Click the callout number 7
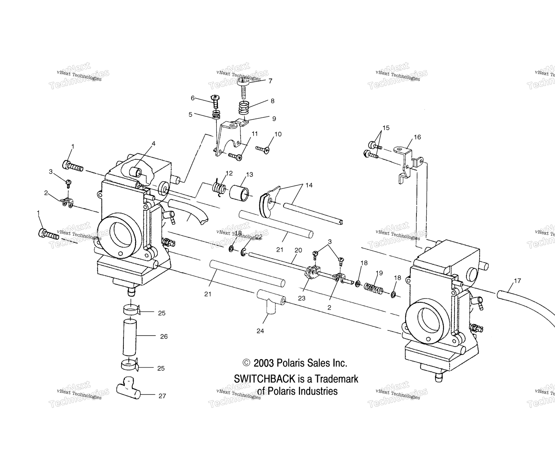[x=270, y=81]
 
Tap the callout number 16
[x=417, y=137]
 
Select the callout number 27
[x=162, y=396]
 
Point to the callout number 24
[x=260, y=331]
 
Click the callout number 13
[x=249, y=174]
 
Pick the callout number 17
[x=517, y=281]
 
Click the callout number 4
[x=153, y=143]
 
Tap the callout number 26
[x=164, y=336]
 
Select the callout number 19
[x=379, y=273]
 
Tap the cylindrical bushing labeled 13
[x=239, y=193]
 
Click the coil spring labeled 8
[x=245, y=108]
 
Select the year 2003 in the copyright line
[x=264, y=363]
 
